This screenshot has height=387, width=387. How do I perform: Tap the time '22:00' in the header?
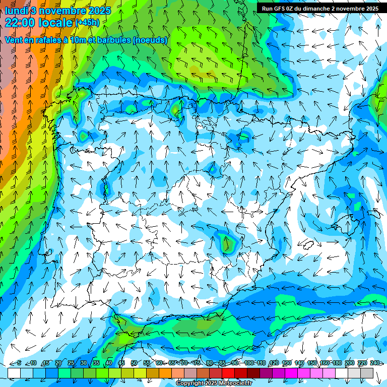[21, 23]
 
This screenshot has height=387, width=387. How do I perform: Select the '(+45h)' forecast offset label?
[87, 23]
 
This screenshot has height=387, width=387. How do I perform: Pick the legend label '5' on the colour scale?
[19, 363]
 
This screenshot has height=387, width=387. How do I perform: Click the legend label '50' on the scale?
[134, 363]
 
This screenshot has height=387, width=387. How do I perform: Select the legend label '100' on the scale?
[249, 363]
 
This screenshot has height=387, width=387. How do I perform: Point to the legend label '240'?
[374, 363]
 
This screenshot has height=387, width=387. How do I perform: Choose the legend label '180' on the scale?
[337, 363]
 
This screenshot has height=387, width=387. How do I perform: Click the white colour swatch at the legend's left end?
[14, 372]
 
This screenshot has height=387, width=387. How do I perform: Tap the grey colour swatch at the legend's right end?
[366, 372]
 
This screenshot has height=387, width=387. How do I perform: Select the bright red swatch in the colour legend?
[228, 372]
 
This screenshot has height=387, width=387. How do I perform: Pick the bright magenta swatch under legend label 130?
[291, 372]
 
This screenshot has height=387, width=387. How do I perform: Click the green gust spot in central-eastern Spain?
[228, 244]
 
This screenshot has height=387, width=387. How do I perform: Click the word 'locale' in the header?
[57, 23]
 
